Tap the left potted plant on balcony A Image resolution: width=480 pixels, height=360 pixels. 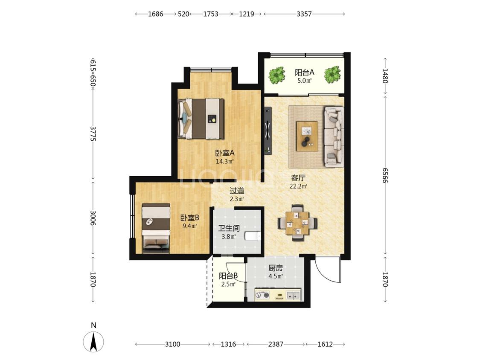pos(277,74)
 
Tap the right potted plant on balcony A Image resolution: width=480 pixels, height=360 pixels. pos(332,74)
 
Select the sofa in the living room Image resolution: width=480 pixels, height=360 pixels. pos(334,136)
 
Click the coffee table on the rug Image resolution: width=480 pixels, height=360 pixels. pos(307,136)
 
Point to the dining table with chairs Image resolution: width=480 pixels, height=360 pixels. pos(297,223)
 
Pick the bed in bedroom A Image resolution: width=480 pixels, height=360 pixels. pos(201,119)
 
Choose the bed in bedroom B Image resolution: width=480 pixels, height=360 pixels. pos(156,228)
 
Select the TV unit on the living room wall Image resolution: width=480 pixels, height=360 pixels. pos(268,130)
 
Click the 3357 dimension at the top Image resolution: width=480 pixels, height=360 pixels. pos(304,14)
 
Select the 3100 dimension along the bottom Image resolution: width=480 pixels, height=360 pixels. pos(173,344)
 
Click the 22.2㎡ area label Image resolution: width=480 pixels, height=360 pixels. pos(299,186)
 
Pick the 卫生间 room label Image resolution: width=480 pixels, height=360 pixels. pos(229,228)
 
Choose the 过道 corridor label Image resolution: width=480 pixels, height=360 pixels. pos(237,191)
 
